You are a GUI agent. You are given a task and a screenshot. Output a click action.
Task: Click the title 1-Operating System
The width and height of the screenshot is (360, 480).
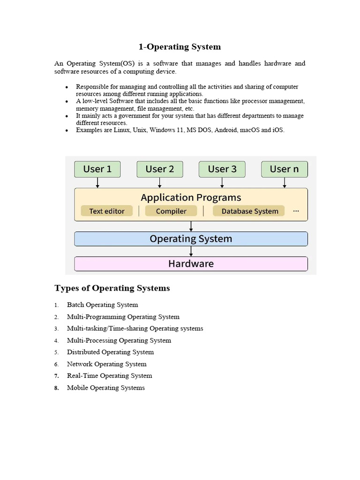tap(180, 47)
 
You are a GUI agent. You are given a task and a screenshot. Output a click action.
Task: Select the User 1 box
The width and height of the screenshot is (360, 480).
tap(97, 169)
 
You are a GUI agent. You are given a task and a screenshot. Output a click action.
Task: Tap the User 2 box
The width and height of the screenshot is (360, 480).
tap(160, 169)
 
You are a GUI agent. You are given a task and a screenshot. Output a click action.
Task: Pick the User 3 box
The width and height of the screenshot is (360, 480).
tap(222, 169)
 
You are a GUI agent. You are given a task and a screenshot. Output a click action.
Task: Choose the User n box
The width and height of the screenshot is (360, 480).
tap(284, 169)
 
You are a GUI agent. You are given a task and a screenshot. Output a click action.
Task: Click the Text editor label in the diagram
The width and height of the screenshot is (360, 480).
tap(107, 211)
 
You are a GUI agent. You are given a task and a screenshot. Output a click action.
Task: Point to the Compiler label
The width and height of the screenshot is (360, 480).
tap(171, 211)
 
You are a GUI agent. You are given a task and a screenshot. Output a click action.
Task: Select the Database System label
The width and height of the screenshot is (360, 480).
tap(250, 211)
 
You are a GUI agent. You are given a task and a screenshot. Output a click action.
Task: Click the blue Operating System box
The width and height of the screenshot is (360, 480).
tap(191, 239)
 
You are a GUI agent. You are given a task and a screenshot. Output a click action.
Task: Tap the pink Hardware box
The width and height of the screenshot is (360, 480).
tap(191, 264)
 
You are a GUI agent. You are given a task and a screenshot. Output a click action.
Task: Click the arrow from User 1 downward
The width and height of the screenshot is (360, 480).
tap(97, 183)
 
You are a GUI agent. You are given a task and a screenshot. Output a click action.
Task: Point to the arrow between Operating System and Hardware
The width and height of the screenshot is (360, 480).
tap(191, 251)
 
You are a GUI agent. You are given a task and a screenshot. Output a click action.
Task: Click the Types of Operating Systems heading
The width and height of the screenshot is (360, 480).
tap(112, 288)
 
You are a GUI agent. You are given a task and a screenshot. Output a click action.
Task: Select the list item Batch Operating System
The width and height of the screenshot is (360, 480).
tap(102, 305)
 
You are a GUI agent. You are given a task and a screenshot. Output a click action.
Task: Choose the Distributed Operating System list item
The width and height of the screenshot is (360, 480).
tap(110, 352)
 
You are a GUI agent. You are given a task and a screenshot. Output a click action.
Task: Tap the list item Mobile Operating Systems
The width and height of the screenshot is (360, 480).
tap(106, 388)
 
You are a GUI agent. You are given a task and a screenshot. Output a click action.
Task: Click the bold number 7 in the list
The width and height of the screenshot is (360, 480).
tap(56, 376)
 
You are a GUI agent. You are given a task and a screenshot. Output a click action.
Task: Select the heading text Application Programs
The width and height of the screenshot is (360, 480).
tap(191, 197)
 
